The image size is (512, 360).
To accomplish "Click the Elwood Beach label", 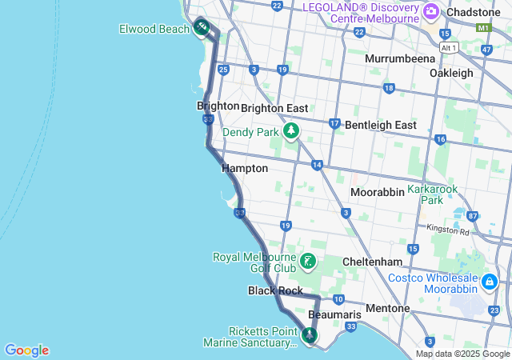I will point(154,29).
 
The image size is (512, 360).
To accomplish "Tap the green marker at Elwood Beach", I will point(202,28).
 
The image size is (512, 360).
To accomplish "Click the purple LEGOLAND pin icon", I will point(431,11).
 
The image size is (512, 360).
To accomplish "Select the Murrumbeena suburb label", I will point(400,58).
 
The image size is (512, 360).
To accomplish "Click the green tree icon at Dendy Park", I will point(291,130).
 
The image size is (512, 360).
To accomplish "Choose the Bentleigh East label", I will point(382,126).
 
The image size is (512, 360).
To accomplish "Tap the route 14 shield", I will point(317,165).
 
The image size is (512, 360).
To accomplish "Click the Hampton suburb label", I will point(245,169).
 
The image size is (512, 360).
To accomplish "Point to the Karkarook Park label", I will point(432,194).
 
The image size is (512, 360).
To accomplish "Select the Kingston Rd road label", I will point(449,230).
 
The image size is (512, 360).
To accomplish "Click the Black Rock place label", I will point(274,290).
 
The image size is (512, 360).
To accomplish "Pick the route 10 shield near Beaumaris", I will point(338,299).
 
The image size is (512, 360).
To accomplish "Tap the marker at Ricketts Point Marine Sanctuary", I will point(309,335).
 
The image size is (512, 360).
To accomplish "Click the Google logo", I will point(26,350).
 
